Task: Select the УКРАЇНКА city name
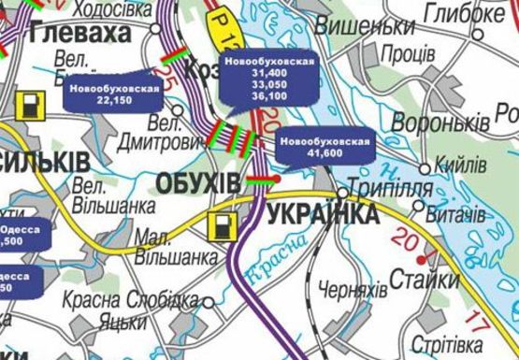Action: (x=323, y=215)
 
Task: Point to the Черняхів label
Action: (x=353, y=291)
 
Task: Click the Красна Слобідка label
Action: (x=132, y=300)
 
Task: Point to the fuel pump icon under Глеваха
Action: (x=33, y=106)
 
